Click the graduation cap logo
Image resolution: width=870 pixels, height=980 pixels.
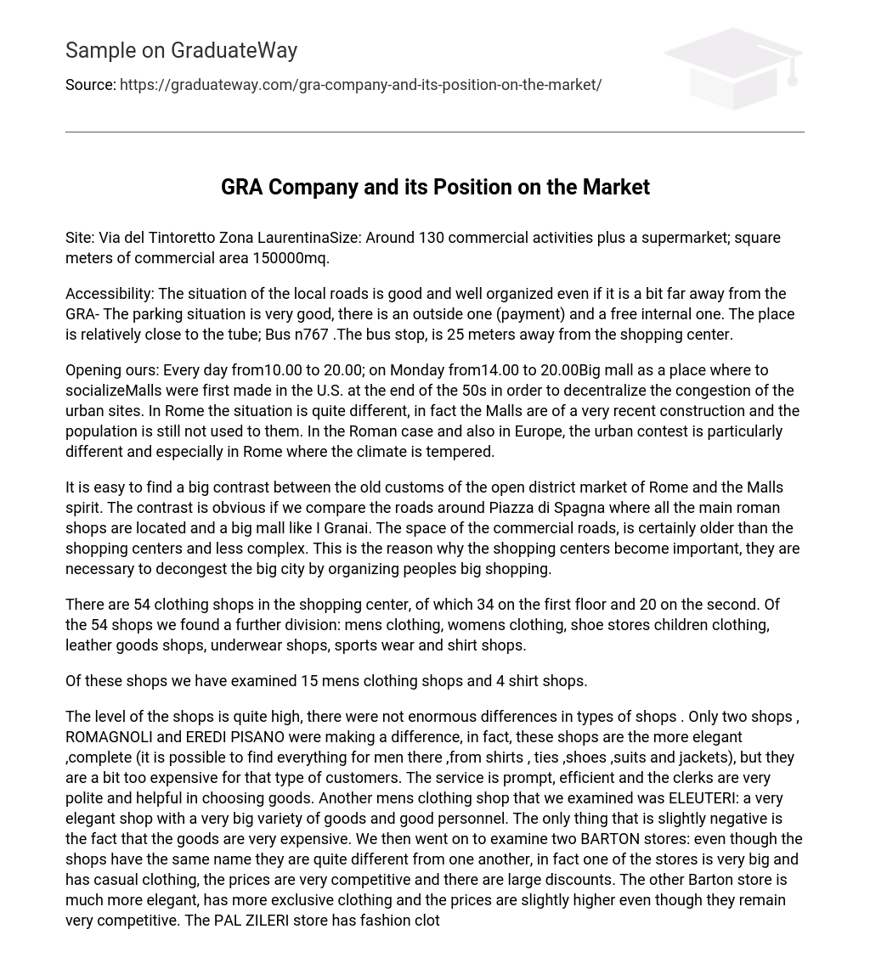(x=732, y=68)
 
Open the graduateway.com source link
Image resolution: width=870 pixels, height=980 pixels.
(x=360, y=85)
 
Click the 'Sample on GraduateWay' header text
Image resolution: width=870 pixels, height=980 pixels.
(x=181, y=51)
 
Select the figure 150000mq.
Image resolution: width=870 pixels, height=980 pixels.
(x=291, y=258)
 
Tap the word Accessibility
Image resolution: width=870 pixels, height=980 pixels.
(x=110, y=294)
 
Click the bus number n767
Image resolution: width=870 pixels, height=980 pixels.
(x=311, y=335)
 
